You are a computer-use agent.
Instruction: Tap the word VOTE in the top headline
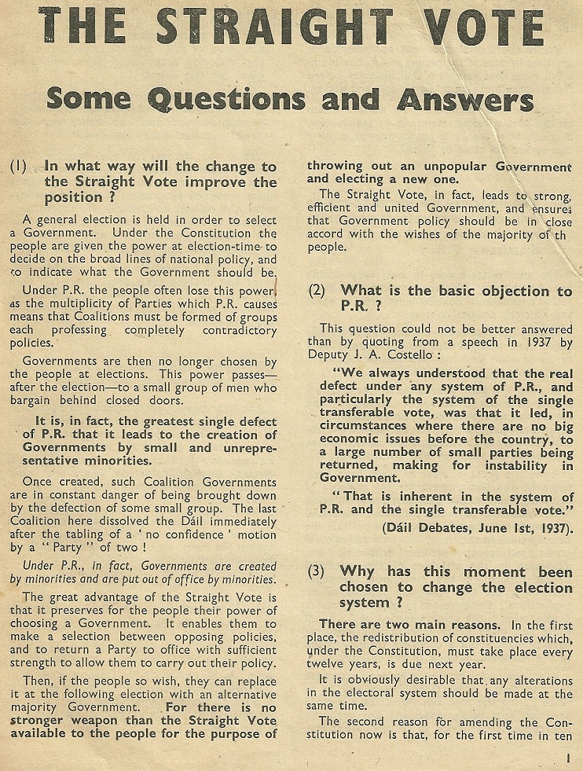(x=478, y=28)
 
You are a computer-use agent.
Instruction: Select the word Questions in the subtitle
(x=222, y=101)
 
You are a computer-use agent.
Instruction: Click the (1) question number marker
(x=19, y=166)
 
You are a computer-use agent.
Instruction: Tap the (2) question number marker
(x=317, y=290)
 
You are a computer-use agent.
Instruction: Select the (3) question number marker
(x=317, y=571)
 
